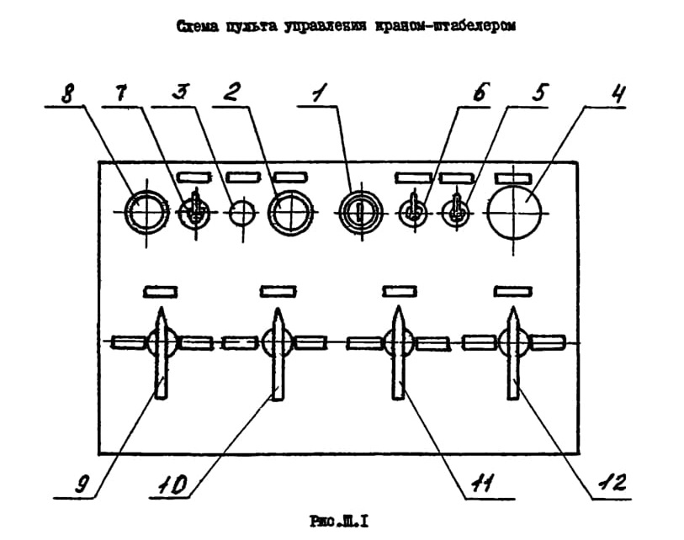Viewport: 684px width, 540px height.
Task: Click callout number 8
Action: point(66,93)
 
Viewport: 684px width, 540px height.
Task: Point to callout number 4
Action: point(618,93)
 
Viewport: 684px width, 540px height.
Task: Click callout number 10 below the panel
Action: point(172,484)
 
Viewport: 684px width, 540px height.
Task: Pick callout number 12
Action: point(612,482)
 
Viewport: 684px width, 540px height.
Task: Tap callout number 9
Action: point(81,484)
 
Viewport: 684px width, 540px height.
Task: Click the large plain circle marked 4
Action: point(514,213)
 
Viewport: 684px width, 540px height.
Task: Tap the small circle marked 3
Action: point(242,213)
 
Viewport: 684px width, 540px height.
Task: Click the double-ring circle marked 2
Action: point(290,213)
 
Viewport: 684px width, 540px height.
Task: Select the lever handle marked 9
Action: point(161,353)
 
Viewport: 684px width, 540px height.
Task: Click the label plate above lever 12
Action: point(513,291)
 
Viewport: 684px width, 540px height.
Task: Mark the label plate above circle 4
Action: point(513,178)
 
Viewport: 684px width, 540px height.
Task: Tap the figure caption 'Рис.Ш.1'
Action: point(339,521)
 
